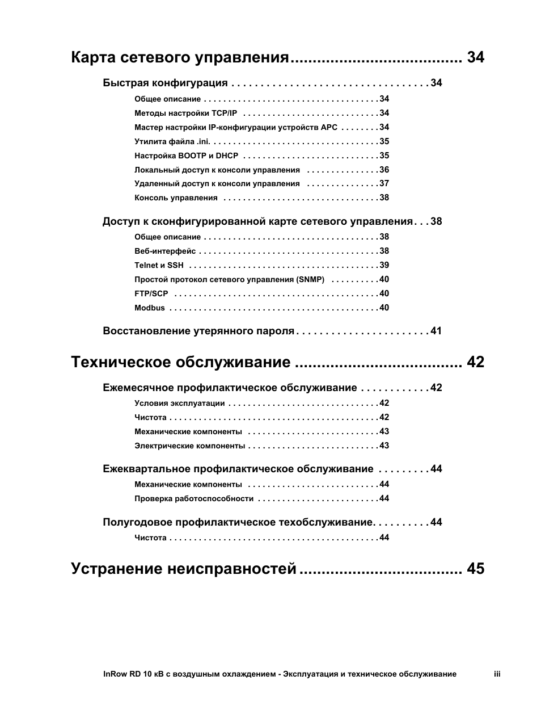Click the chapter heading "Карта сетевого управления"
pos(180,57)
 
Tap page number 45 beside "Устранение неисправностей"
pos(476,569)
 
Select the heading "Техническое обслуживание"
pos(181,362)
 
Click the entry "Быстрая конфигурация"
pos(165,83)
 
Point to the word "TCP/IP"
pos(225,113)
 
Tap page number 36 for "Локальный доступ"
pos(384,170)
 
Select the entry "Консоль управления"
pos(176,198)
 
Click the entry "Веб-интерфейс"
pos(165,251)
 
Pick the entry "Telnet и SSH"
pos(159,265)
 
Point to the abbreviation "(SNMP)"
pos(310,279)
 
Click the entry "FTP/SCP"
pos(151,293)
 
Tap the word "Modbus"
pos(150,308)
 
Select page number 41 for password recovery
pos(436,331)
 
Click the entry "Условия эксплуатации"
pos(179,404)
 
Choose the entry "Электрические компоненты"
pos(189,446)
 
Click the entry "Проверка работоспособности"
pos(194,499)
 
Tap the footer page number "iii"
pos(497,674)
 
